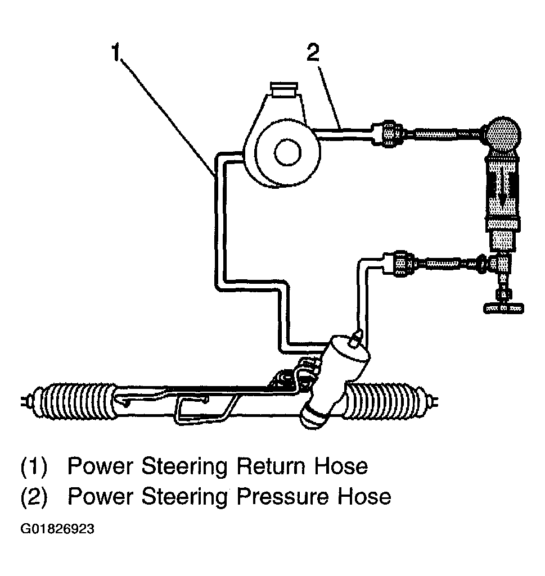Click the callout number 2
pyautogui.click(x=313, y=53)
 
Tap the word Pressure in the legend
pyautogui.click(x=283, y=496)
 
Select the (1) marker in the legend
pyautogui.click(x=35, y=466)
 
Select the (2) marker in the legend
pyautogui.click(x=35, y=497)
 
